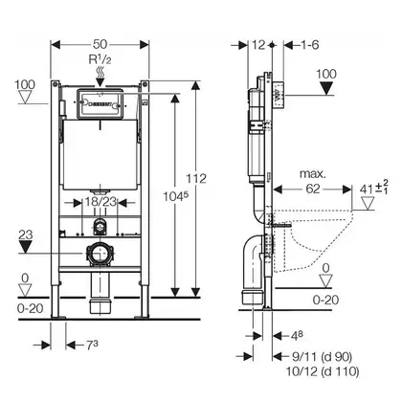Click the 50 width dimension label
click(x=100, y=44)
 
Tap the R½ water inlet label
click(x=100, y=59)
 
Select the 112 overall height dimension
click(x=196, y=178)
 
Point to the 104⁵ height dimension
click(x=174, y=196)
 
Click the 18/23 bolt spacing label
click(x=100, y=202)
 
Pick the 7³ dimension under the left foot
click(x=92, y=345)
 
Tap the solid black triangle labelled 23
click(x=25, y=247)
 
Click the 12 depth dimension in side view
click(x=258, y=45)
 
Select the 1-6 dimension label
click(x=310, y=45)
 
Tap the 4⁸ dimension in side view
click(x=297, y=335)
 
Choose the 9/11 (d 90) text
click(x=322, y=356)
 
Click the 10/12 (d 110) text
click(x=323, y=371)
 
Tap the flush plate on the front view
click(x=100, y=104)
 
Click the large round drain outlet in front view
click(x=100, y=254)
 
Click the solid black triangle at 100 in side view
click(x=326, y=88)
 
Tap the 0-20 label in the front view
click(x=30, y=308)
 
